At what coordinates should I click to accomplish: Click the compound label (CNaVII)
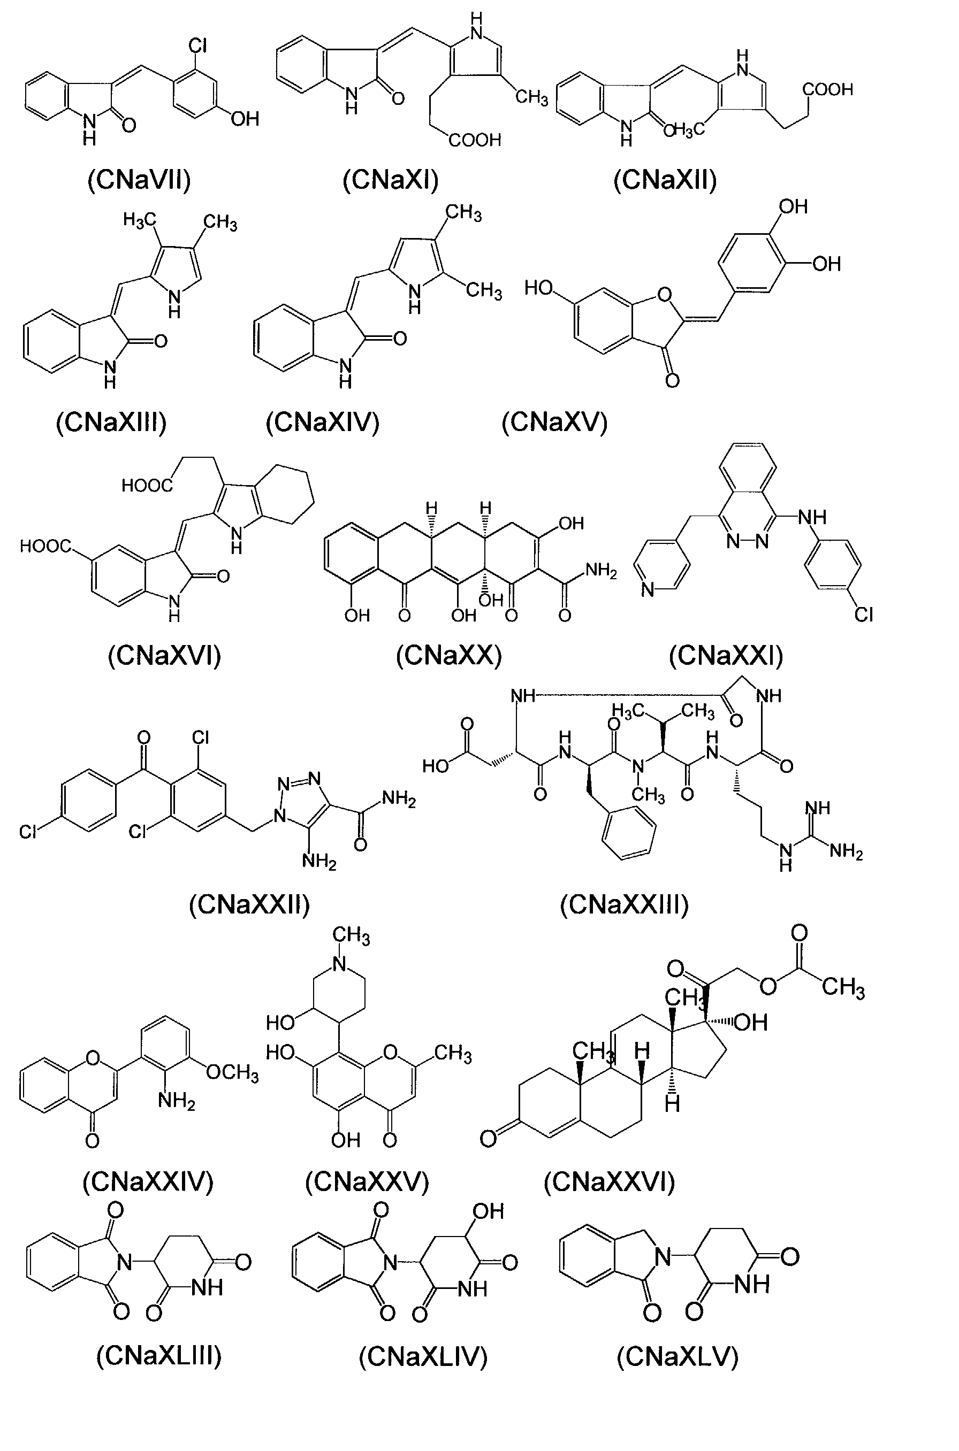140,180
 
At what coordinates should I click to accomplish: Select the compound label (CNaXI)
391,180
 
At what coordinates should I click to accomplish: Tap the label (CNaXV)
555,423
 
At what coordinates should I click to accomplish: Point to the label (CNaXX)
449,656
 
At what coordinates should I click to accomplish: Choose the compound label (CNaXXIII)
625,904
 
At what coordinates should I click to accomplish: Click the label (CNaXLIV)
423,1357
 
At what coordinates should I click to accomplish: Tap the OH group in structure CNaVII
245,118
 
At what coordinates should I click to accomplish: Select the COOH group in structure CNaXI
475,141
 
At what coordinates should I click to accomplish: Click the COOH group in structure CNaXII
827,90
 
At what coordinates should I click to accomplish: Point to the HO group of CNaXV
539,287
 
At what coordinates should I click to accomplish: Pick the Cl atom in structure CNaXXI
864,615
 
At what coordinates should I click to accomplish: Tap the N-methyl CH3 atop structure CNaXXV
351,936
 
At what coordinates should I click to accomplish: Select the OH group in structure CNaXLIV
489,1211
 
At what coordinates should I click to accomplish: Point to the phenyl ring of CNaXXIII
629,832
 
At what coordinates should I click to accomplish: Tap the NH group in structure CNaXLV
752,1284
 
